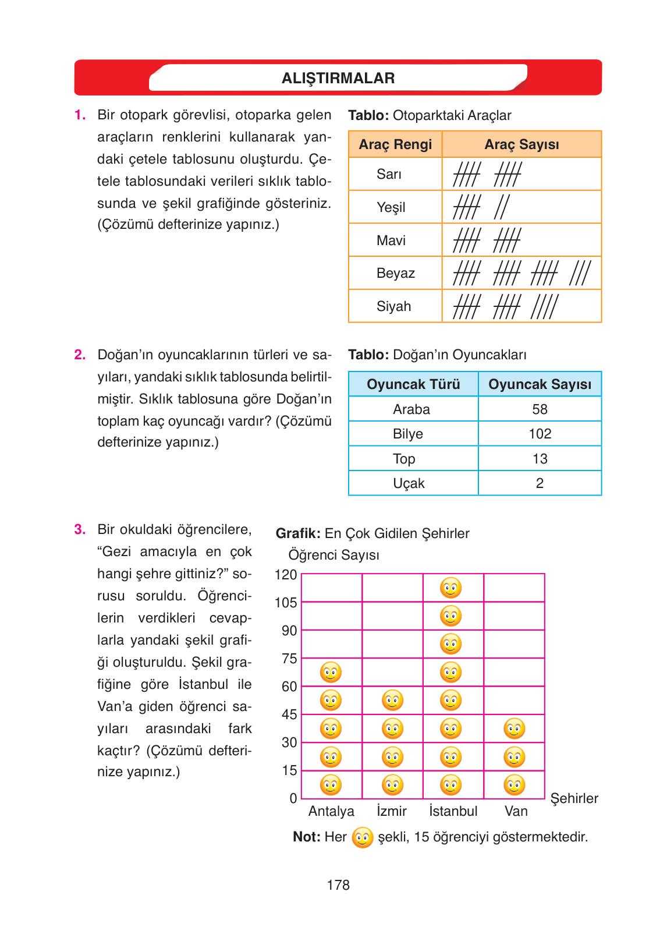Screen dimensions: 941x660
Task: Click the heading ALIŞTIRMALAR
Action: pos(338,78)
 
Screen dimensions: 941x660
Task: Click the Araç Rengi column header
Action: pos(395,144)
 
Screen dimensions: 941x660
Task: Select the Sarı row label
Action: pos(389,174)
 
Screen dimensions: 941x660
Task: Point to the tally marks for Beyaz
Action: pos(521,273)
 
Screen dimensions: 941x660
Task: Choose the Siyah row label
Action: pos(393,306)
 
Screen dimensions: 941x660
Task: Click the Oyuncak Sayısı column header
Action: pos(540,384)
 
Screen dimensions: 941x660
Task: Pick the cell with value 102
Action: pos(540,434)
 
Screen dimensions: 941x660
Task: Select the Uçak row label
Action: pos(409,483)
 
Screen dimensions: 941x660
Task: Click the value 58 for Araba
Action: pos(540,409)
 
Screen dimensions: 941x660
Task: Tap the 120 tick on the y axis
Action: pos(286,575)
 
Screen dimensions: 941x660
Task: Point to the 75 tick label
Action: pos(289,659)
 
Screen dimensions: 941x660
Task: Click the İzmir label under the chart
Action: pos(392,811)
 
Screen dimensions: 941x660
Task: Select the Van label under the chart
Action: pos(516,811)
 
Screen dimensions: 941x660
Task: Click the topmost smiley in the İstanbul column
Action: pos(451,588)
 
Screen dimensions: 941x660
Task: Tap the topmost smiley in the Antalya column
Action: pos(331,673)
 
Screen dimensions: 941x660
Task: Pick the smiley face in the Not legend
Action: pos(363,838)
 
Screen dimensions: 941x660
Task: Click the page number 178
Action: pos(338,885)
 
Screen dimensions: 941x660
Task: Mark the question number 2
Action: pos(80,355)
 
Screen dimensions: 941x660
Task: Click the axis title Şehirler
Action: pos(574,798)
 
